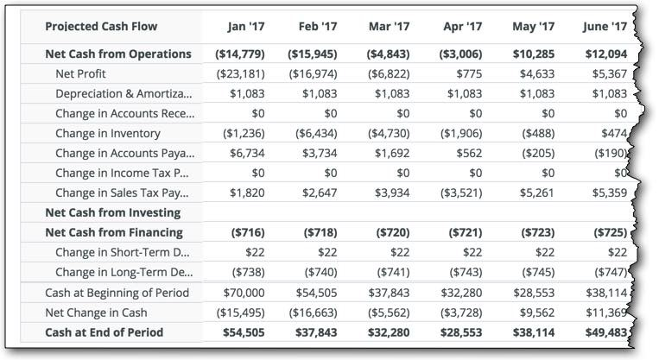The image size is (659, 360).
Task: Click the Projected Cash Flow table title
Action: (101, 27)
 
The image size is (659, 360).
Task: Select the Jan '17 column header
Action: (246, 27)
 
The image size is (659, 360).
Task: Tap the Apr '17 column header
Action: (463, 27)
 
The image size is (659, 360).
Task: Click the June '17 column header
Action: (605, 27)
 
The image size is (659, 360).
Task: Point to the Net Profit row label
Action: (80, 74)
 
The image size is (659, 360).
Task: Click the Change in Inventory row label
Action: (108, 134)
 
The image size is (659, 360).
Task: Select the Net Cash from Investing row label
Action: (113, 213)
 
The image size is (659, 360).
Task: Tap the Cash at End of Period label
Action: (105, 332)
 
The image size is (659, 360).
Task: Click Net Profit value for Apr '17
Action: (470, 74)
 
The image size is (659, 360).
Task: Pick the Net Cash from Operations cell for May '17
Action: (534, 54)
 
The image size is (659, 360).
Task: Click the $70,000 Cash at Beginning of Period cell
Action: (244, 293)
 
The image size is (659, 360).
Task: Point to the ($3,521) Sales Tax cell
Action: (461, 193)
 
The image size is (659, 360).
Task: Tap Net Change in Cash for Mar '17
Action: (389, 313)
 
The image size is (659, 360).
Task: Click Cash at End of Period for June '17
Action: (606, 332)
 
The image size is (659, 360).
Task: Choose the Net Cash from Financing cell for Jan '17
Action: (248, 233)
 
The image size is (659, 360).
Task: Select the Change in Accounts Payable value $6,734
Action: (247, 154)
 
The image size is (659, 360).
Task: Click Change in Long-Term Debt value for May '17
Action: (538, 273)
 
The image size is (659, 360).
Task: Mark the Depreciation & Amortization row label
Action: (124, 94)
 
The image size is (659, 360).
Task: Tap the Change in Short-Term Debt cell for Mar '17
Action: (400, 252)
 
